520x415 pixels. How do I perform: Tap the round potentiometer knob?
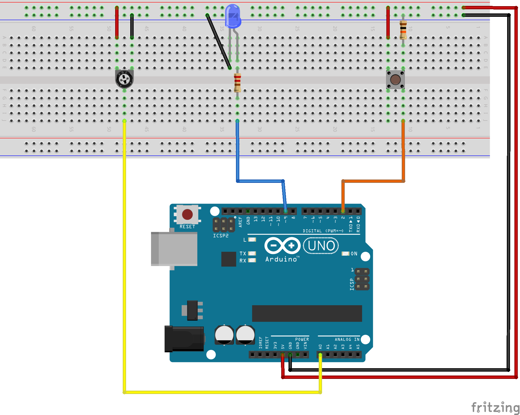(124, 79)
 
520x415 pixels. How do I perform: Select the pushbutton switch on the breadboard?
(395, 80)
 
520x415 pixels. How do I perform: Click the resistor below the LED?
(237, 82)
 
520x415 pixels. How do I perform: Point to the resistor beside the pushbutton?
(403, 29)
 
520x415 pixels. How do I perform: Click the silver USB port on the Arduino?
(174, 249)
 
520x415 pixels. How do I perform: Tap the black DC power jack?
(184, 339)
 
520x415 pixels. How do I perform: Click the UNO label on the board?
(321, 246)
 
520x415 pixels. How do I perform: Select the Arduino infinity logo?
(282, 246)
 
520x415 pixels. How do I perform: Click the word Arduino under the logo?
(281, 260)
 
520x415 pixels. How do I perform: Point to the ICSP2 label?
(221, 236)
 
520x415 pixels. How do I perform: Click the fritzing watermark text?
(495, 407)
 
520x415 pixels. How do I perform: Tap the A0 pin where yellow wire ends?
(320, 355)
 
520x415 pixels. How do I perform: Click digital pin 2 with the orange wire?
(343, 211)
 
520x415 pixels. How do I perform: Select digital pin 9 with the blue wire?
(285, 211)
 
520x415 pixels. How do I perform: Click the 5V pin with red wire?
(283, 355)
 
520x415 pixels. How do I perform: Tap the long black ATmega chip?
(307, 313)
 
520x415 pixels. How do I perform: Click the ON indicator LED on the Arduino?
(346, 253)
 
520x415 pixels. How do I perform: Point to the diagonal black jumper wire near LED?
(218, 41)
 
